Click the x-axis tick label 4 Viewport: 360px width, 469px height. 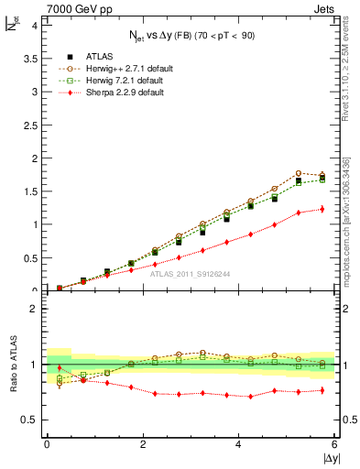pyautogui.click(x=238, y=445)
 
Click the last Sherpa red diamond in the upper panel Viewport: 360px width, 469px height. pyautogui.click(x=322, y=209)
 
